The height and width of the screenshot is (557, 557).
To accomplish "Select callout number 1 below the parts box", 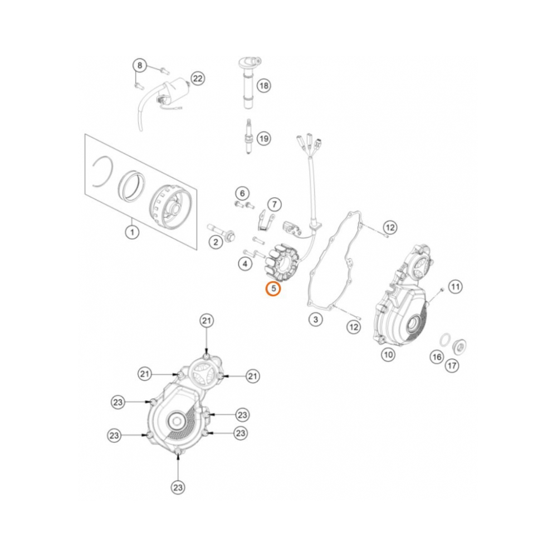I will [131, 231].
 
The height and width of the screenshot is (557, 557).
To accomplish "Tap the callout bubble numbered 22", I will [198, 79].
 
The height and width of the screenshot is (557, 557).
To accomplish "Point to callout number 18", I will [263, 85].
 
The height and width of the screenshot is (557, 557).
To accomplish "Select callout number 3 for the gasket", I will [315, 319].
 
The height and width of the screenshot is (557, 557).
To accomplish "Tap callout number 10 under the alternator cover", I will [388, 353].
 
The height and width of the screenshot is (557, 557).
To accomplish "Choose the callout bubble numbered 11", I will [456, 287].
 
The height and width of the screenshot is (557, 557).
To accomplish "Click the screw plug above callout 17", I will [460, 345].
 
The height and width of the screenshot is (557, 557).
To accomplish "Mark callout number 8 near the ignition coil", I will [140, 66].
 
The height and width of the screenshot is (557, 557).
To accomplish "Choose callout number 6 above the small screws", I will [242, 193].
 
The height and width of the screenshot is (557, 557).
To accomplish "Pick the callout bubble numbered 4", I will [245, 263].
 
